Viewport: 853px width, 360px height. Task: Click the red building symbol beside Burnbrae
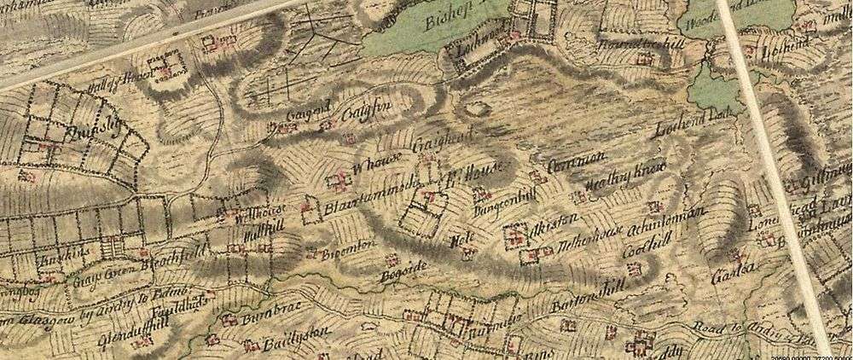tap(228, 322)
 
